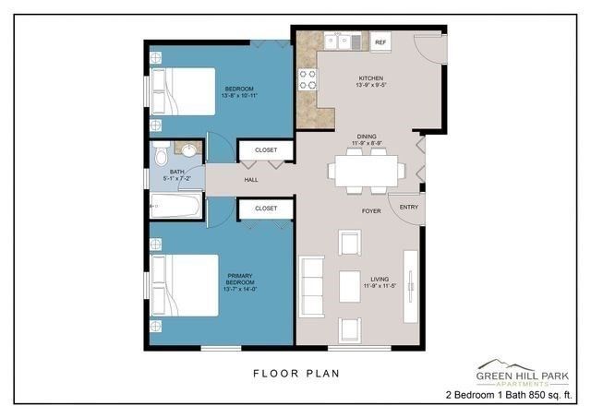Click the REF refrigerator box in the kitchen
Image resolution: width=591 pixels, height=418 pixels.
pos(380,42)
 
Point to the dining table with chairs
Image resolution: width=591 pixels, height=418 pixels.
pos(367,171)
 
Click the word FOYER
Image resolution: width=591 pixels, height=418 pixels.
pos(370,210)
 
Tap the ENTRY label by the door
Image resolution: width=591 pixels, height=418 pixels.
pos(407,207)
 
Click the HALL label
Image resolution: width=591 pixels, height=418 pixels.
pos(251,180)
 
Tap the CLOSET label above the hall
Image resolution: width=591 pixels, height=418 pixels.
pos(266,150)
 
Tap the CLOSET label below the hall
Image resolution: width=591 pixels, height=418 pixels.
pos(266,209)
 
